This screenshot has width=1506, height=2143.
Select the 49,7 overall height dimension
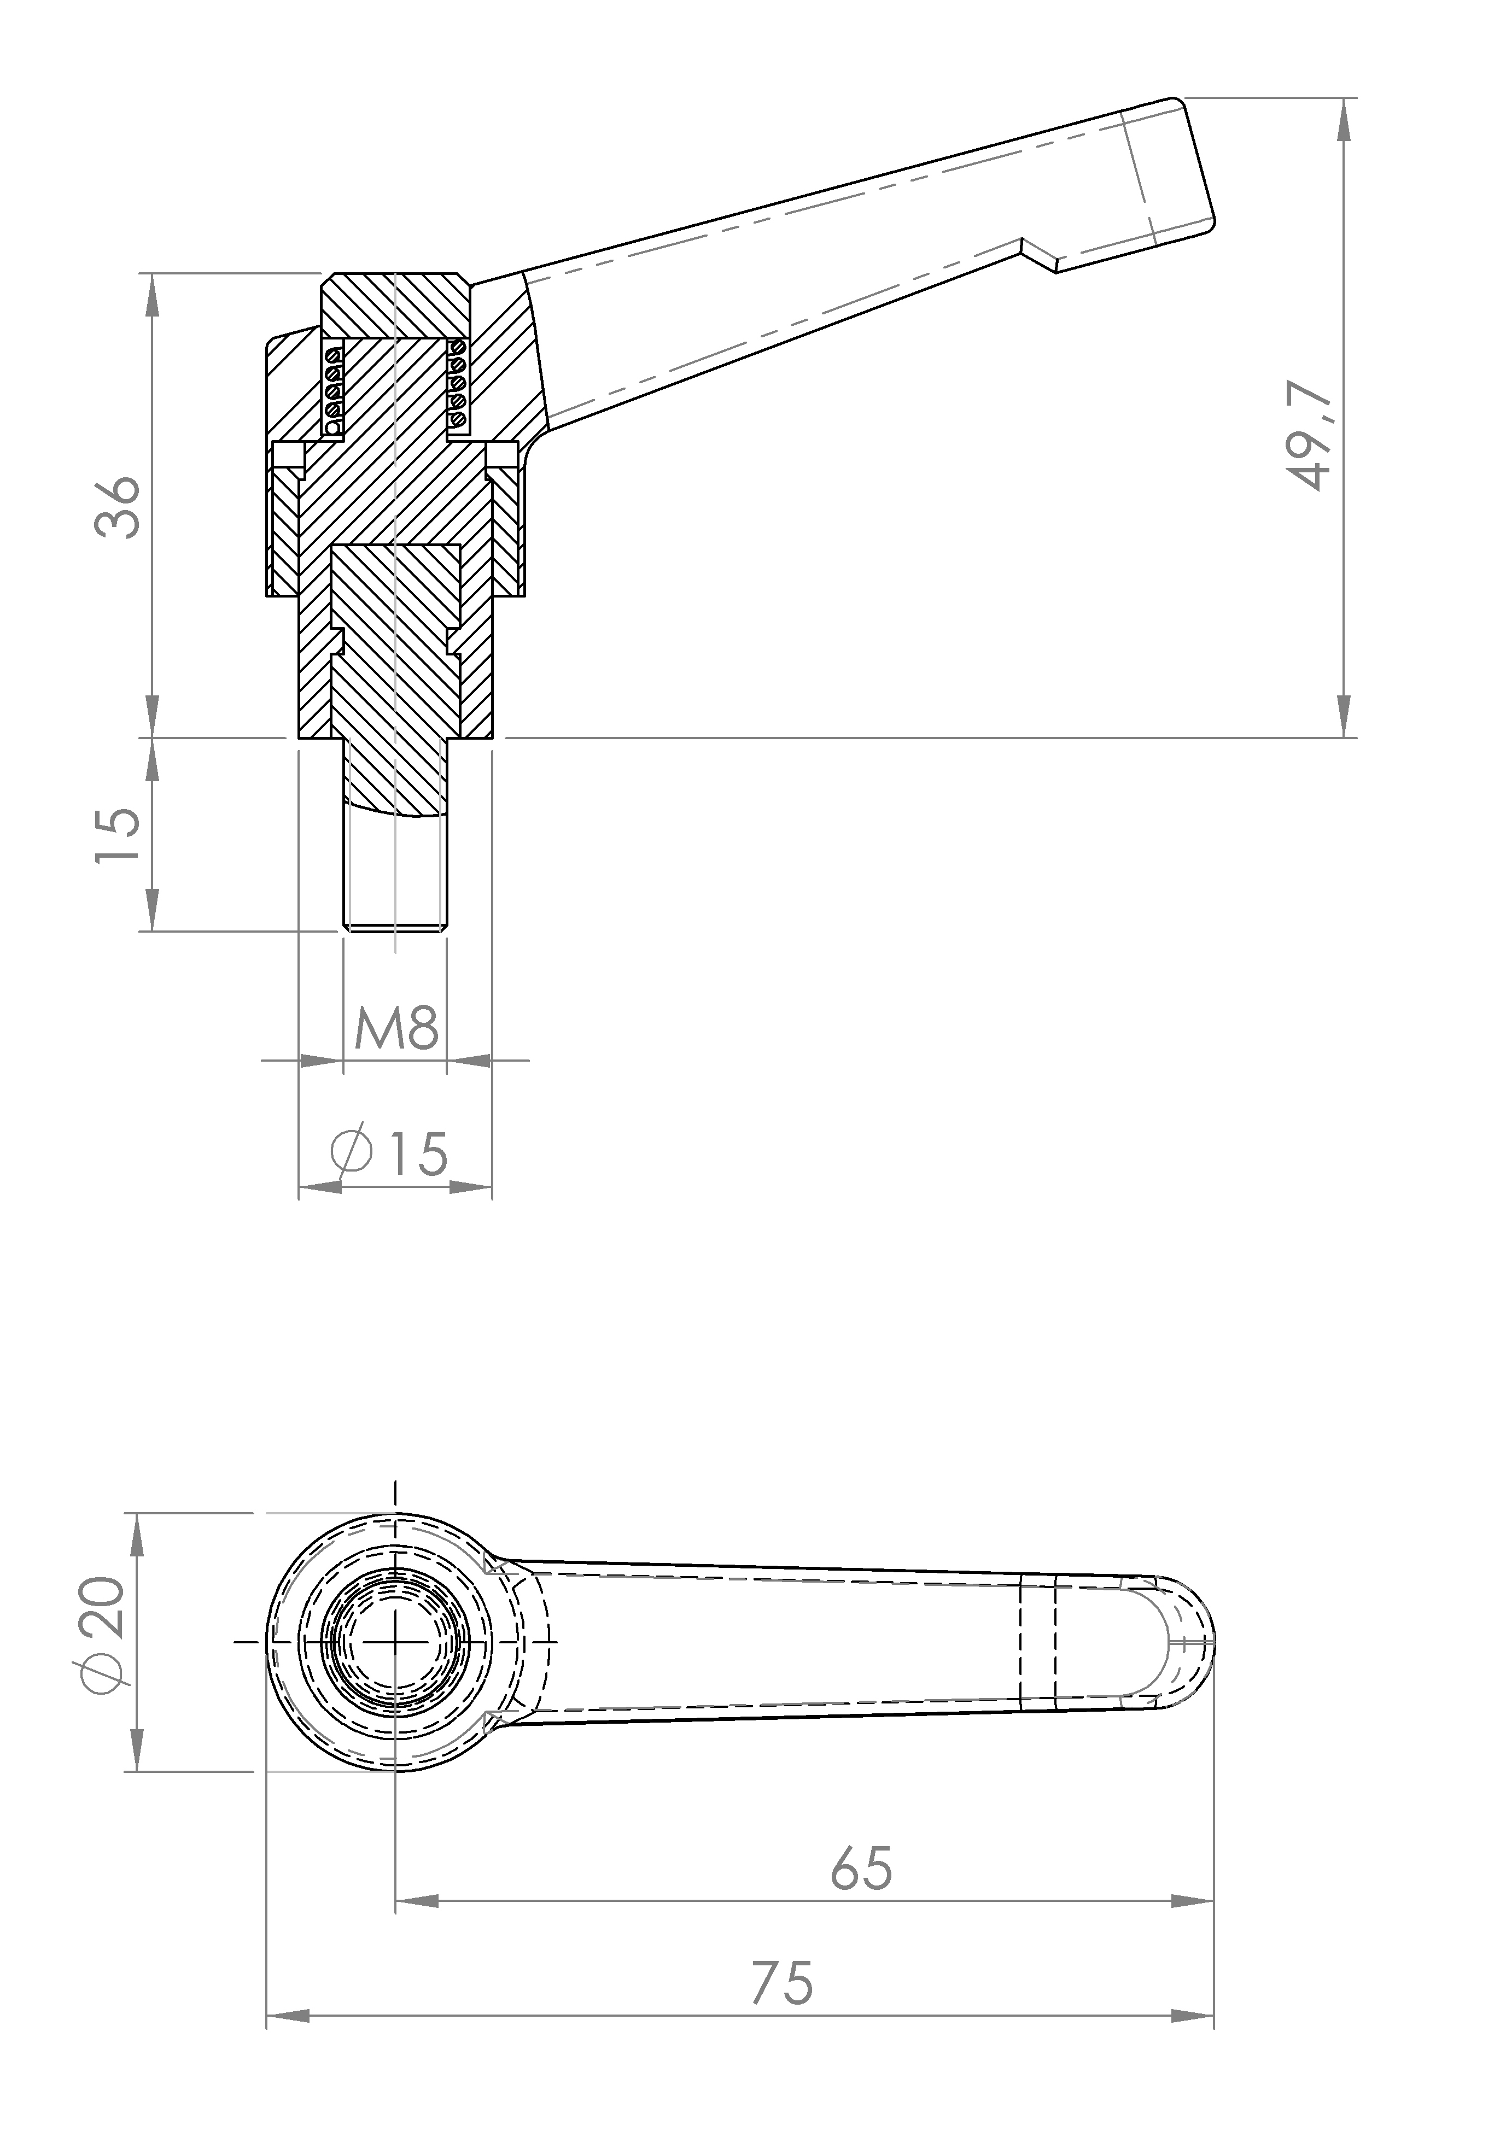click(x=1309, y=435)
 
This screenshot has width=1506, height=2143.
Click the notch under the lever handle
click(x=1039, y=255)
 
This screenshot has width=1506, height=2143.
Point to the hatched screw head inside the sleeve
click(x=396, y=588)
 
